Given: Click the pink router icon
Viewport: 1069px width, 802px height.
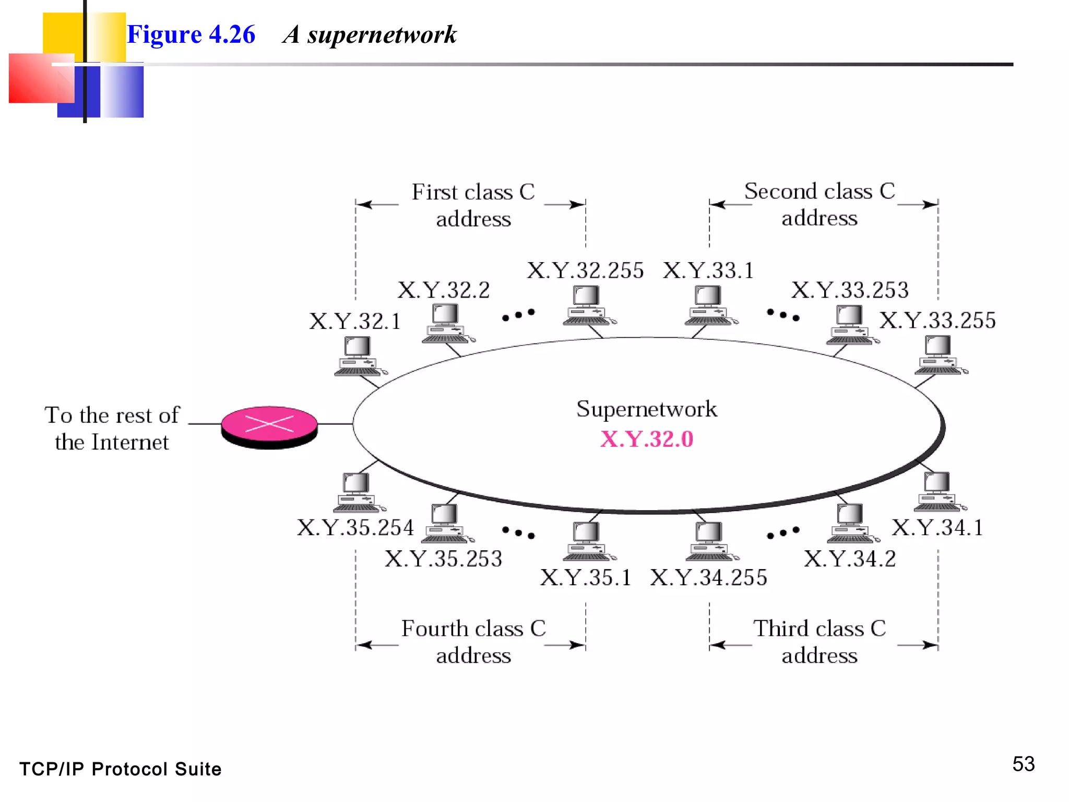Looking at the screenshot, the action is pos(269,427).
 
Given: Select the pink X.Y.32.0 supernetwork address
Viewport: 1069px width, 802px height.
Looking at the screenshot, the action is pos(647,439).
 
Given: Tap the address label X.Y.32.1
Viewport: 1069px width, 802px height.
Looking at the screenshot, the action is pos(355,321).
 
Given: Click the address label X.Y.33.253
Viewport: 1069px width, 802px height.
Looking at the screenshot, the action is pos(850,290).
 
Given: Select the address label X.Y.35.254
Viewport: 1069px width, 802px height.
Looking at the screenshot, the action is pos(355,527).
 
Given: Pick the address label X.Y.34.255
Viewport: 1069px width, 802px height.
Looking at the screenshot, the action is pos(708,577).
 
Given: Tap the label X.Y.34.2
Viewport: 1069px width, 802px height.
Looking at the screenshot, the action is pos(850,559).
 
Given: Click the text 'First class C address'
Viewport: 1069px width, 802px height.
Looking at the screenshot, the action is pos(473,205).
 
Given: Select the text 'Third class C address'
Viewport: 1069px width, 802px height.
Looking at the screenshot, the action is pos(819,642).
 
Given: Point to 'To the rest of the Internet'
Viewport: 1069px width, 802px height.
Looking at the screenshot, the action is pos(112,429).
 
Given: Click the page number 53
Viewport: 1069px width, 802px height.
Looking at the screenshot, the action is pos(1023,764).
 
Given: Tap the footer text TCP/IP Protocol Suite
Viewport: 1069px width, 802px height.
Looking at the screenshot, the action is pos(121,769).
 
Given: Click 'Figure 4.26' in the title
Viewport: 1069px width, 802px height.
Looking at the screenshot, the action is pos(191,34).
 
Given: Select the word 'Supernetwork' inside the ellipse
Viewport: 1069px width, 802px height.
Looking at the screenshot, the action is pos(647,409).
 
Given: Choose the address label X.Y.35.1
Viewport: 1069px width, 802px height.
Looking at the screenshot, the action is pos(586,577).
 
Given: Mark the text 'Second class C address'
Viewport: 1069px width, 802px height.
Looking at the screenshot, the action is pos(819,205).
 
